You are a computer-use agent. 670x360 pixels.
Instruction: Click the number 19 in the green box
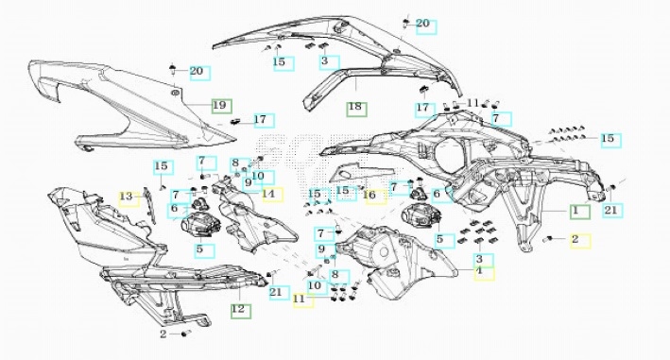(219, 105)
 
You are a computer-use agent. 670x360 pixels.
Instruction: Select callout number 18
(355, 107)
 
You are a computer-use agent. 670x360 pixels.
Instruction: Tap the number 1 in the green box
(576, 210)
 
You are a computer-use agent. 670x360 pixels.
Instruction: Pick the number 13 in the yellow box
(126, 197)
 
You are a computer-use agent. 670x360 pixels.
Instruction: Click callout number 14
(268, 194)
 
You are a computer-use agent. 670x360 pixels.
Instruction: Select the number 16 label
(369, 196)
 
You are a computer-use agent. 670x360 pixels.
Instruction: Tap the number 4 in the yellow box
(479, 270)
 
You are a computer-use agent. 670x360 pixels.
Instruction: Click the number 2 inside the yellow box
(576, 239)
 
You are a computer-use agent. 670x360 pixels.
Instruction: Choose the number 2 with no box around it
(163, 334)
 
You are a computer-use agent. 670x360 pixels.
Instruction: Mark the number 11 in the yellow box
(300, 299)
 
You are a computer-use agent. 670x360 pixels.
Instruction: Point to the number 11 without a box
(472, 103)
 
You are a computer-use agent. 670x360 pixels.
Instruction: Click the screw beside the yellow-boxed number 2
(548, 239)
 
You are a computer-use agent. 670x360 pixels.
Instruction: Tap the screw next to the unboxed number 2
(185, 334)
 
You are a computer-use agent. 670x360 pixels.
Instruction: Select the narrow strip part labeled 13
(149, 204)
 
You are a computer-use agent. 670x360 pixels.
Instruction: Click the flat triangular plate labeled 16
(359, 172)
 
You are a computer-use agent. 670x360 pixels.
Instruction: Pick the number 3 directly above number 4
(479, 259)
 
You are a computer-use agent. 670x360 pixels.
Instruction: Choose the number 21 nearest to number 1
(611, 210)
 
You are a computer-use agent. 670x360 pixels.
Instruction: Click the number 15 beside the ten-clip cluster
(608, 138)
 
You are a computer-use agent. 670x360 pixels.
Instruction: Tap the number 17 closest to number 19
(260, 120)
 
